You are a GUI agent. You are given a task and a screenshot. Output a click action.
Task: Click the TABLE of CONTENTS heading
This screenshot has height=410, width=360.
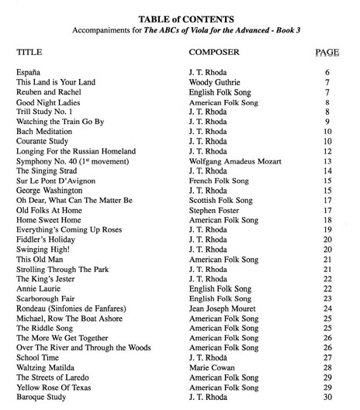point(179,19)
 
